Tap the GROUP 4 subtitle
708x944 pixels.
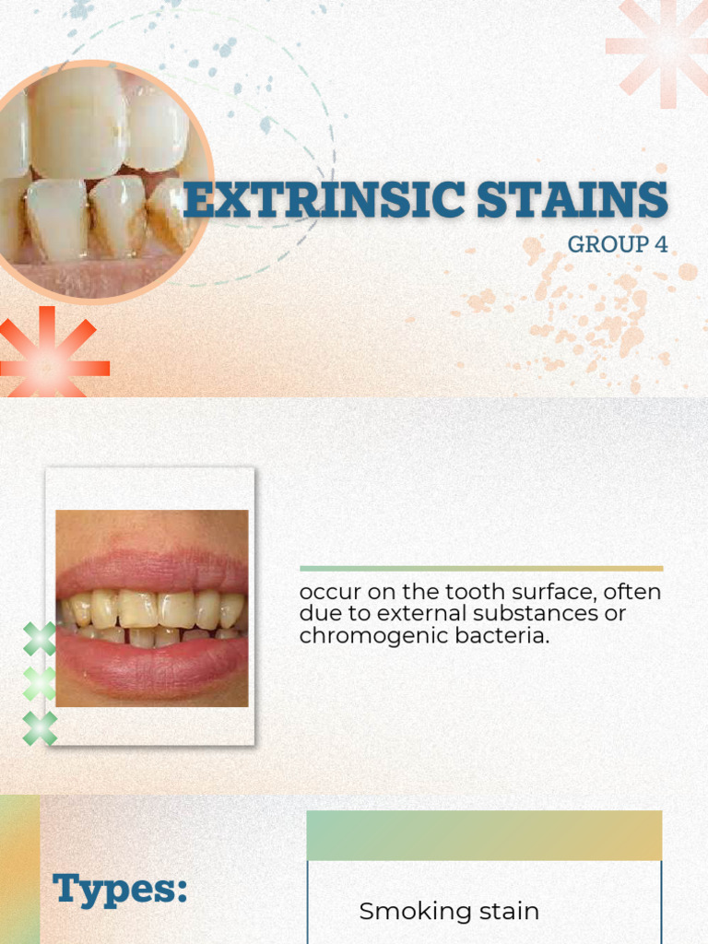[x=617, y=244]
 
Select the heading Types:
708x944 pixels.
[x=120, y=890]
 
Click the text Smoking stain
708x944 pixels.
[x=449, y=912]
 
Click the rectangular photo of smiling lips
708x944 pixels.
[x=151, y=608]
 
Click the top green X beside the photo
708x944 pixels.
[x=40, y=639]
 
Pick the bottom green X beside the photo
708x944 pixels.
[x=40, y=728]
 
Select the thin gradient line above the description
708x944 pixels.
[x=480, y=569]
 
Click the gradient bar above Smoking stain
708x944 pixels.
[x=484, y=835]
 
